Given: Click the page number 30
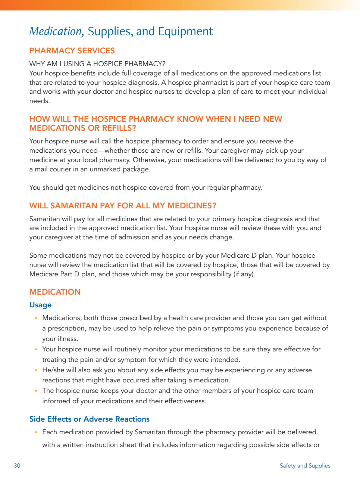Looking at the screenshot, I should pyautogui.click(x=17, y=466).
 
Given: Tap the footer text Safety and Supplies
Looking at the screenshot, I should pyautogui.click(x=305, y=466).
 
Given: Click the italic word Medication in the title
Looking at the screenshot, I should pyautogui.click(x=56, y=31).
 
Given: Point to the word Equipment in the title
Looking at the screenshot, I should pyautogui.click(x=185, y=31).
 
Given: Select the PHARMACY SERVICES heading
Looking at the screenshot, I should pyautogui.click(x=72, y=51).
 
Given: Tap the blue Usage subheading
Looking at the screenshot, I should pyautogui.click(x=40, y=305).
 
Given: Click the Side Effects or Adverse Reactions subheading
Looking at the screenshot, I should pyautogui.click(x=89, y=419).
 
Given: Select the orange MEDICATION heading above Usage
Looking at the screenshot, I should pyautogui.click(x=55, y=292).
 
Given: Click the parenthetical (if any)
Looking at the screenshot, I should pyautogui.click(x=244, y=274).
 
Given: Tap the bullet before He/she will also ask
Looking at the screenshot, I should pyautogui.click(x=36, y=370).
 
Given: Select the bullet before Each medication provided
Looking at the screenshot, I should pyautogui.click(x=36, y=432).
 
